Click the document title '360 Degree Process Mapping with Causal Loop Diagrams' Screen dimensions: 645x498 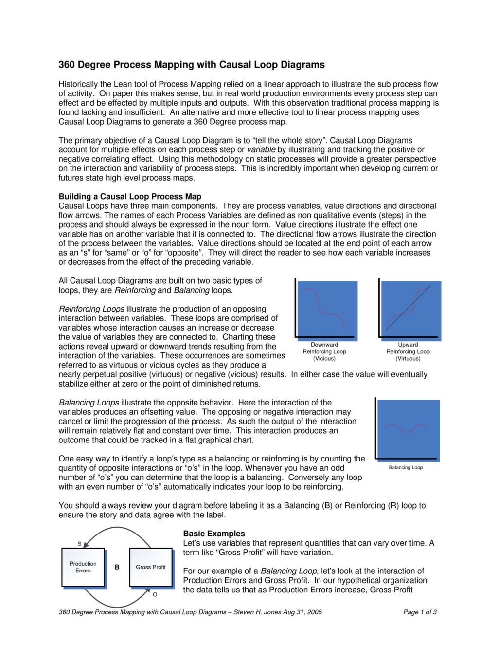click(192, 65)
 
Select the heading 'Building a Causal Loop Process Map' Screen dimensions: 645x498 click(130, 197)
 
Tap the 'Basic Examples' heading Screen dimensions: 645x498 click(214, 534)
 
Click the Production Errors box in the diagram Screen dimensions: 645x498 click(83, 567)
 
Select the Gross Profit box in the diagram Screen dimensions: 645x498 click(151, 567)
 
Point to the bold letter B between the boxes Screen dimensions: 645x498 click(117, 567)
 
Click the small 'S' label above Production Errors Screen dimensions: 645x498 click(80, 543)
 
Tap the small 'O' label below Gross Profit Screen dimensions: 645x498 click(155, 594)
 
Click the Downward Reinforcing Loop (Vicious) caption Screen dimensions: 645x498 click(324, 351)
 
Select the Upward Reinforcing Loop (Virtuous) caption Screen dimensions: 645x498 click(408, 351)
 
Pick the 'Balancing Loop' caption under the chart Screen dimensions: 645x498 click(406, 467)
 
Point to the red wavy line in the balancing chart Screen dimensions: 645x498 click(407, 428)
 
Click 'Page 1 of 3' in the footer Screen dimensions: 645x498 click(420, 612)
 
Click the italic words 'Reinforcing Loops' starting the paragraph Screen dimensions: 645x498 click(91, 309)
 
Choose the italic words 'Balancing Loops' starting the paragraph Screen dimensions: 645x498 click(89, 403)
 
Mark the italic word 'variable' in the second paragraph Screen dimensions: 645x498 click(261, 150)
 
